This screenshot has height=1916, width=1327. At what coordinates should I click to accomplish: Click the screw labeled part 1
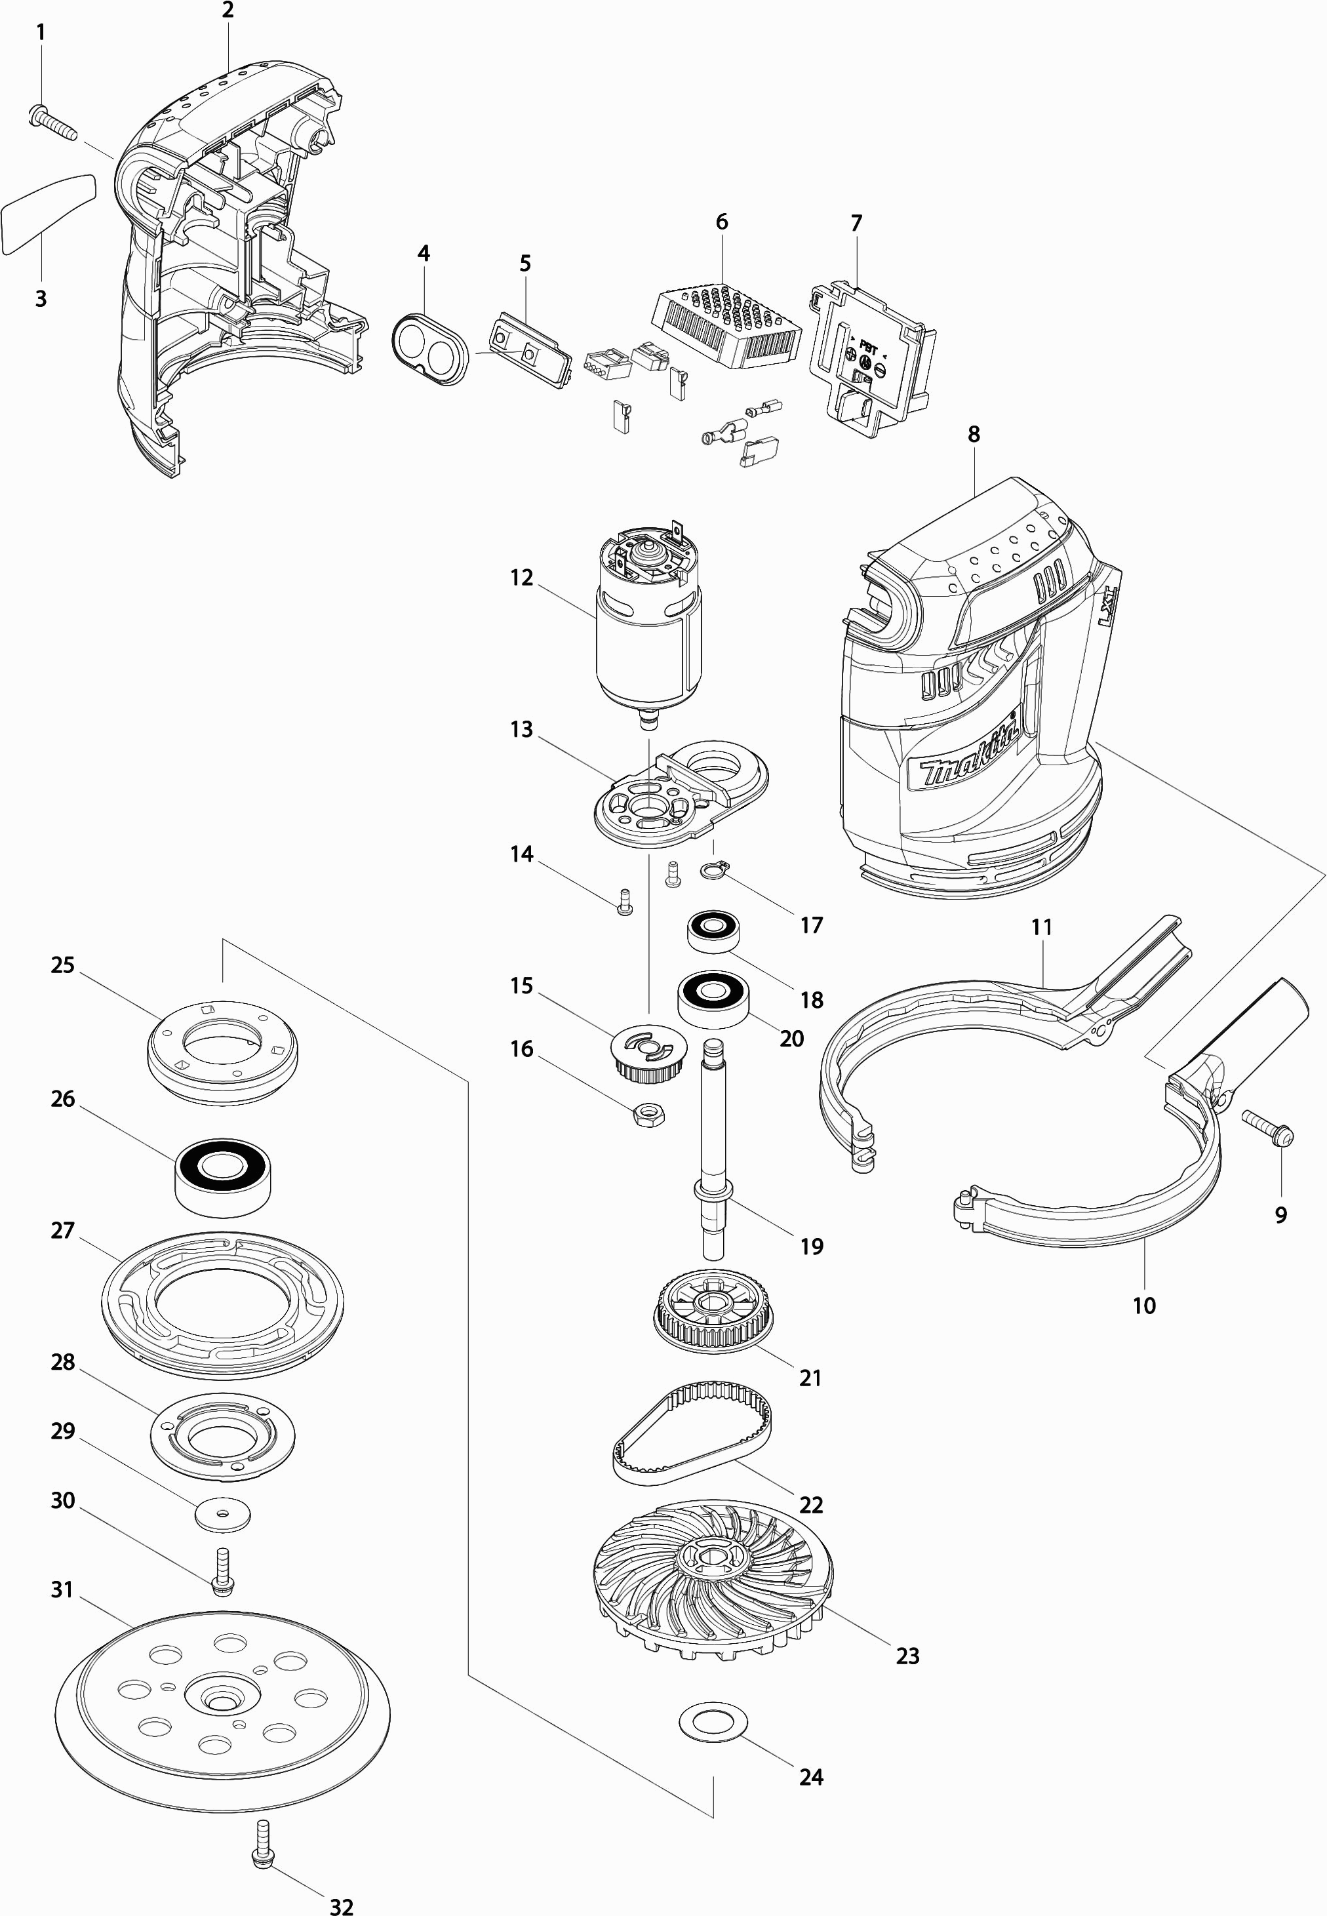tap(52, 123)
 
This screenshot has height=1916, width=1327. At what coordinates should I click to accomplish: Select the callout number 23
tap(907, 1655)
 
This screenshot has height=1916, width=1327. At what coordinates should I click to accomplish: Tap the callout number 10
tap(1144, 1305)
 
